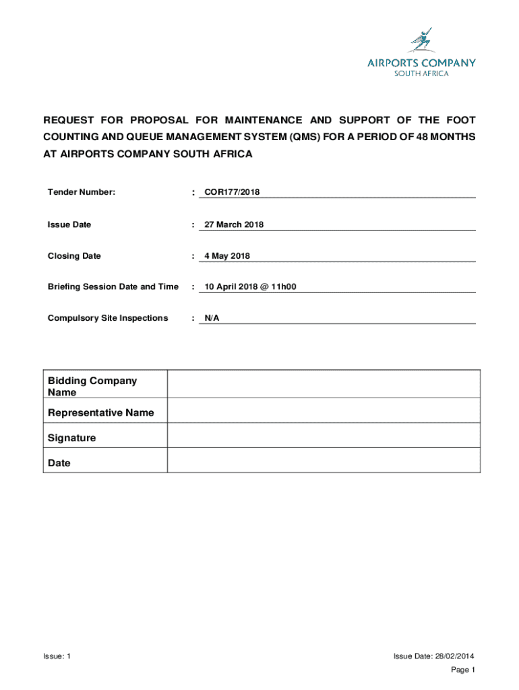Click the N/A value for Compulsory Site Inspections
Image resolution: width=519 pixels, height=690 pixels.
(212, 318)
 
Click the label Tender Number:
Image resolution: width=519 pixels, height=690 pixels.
(82, 193)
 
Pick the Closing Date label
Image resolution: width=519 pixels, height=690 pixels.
(74, 256)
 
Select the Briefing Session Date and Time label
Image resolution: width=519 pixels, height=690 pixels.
(113, 287)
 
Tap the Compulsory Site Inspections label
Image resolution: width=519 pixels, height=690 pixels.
(108, 318)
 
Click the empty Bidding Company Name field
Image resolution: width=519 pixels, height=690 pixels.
(324, 384)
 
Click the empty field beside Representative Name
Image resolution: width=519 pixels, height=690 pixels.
(324, 410)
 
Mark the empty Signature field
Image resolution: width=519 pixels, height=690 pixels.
(324, 436)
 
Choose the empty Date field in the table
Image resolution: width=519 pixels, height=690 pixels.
(324, 460)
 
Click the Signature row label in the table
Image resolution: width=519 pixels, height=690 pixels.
(72, 438)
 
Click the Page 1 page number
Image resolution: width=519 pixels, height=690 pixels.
(463, 669)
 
